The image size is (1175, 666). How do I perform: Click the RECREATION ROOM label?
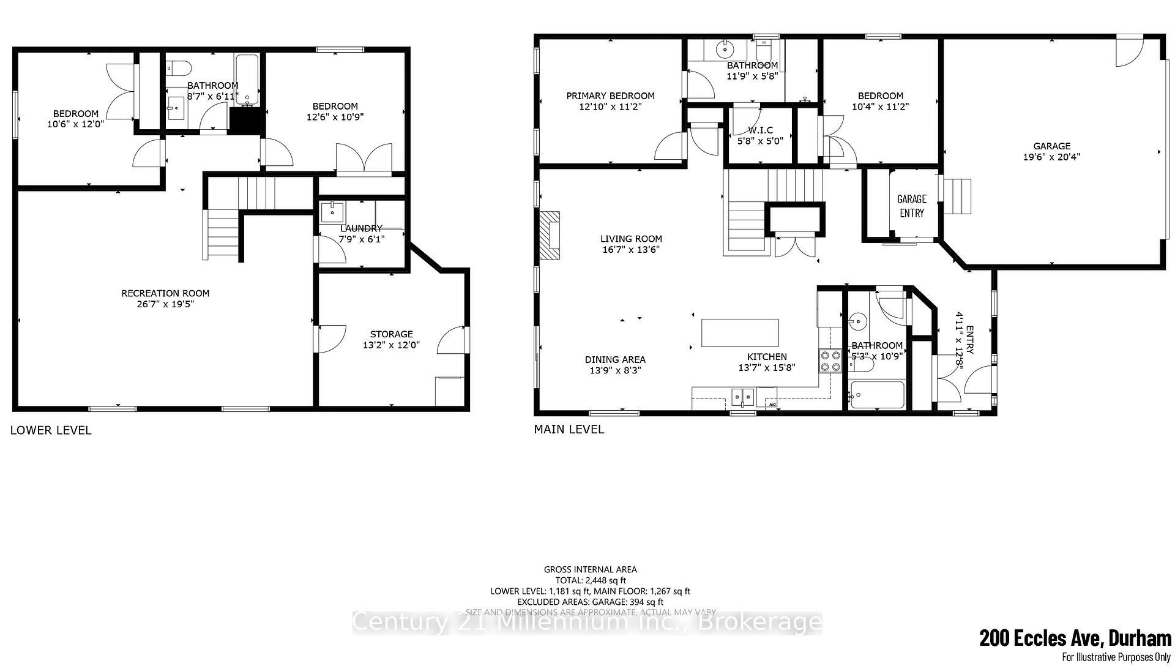pos(165,293)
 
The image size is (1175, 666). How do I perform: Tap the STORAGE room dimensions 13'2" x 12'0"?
pos(391,345)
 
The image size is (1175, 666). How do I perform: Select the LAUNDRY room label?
pos(361,228)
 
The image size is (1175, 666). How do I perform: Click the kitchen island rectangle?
pos(740,333)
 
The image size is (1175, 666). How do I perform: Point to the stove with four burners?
pos(830,361)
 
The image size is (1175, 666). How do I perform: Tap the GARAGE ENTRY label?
pos(911,206)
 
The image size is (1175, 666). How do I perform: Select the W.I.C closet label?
pos(760,130)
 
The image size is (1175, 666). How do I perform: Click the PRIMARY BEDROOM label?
pos(610,95)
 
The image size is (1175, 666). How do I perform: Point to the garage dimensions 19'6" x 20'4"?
pos(1051,157)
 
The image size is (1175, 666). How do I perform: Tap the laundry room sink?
pos(332,212)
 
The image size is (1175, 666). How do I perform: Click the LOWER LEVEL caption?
pos(51,430)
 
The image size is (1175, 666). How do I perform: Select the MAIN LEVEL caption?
pos(569,429)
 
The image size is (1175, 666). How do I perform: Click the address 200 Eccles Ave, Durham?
pos(1075,638)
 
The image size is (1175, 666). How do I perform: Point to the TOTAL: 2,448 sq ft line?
pos(590,580)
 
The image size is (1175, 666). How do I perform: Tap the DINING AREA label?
pos(615,359)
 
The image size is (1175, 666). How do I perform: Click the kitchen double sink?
pos(743,396)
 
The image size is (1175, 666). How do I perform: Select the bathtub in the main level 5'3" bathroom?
pos(877,395)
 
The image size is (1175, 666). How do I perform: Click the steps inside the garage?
pos(958,196)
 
